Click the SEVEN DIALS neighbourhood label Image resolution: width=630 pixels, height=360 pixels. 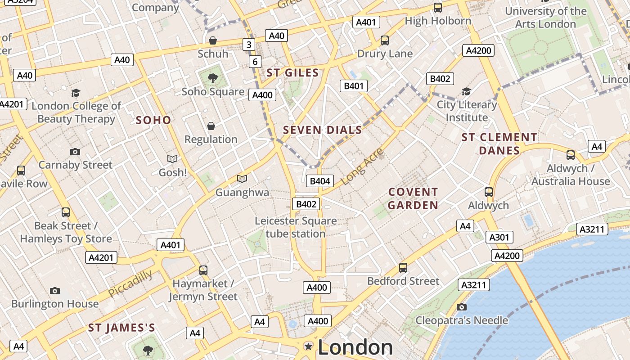[x=322, y=130]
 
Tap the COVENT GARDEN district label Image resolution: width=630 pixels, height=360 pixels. [x=413, y=198]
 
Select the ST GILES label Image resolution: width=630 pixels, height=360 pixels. [x=292, y=73]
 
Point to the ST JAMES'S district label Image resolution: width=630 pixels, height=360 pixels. [x=121, y=328]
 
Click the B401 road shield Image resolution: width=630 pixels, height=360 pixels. [x=353, y=86]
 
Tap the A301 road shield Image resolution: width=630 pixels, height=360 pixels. [x=499, y=237]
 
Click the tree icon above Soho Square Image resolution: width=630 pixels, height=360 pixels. [x=213, y=78]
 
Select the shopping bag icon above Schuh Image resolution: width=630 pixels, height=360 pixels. [x=213, y=41]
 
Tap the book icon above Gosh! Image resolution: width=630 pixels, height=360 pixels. [x=172, y=159]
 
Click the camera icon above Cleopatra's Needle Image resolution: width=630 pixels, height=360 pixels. [x=461, y=307]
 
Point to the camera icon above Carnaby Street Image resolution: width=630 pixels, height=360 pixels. [x=75, y=152]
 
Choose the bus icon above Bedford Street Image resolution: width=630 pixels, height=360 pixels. [x=403, y=268]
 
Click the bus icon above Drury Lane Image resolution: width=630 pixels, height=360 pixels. [x=385, y=40]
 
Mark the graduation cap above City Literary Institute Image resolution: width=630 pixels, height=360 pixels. [x=467, y=91]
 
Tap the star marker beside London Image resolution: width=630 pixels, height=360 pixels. [x=309, y=346]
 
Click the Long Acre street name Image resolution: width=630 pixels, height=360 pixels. [x=362, y=166]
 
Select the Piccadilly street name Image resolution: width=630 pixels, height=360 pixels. [x=130, y=284]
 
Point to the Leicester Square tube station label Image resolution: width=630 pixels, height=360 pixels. [x=296, y=227]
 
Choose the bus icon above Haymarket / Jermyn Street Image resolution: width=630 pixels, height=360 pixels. [x=203, y=270]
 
